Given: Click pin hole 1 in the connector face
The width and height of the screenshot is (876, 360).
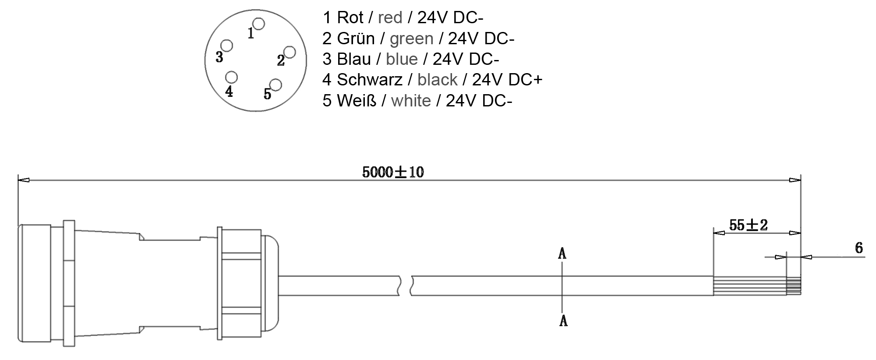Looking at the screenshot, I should (x=259, y=24).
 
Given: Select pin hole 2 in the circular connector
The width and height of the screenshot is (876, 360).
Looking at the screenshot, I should (x=290, y=53).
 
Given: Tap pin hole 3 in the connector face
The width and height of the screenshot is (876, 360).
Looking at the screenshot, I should (x=227, y=46).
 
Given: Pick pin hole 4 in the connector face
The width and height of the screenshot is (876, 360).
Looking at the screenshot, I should (x=231, y=78).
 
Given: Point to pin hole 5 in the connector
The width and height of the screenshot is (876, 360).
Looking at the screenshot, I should (x=276, y=84).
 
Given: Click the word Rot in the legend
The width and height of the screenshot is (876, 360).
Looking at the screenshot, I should (x=350, y=18).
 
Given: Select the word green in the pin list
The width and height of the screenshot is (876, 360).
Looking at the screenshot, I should (x=411, y=39).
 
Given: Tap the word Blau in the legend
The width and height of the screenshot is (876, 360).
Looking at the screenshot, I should (x=354, y=59).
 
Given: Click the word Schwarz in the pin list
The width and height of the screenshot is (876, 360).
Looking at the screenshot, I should (x=369, y=80).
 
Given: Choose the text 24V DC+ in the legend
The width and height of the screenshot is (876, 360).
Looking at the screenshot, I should (x=507, y=80).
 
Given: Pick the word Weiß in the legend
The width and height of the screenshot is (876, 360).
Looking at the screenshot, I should (x=357, y=101).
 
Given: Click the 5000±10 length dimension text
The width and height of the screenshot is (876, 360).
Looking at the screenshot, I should (x=393, y=172).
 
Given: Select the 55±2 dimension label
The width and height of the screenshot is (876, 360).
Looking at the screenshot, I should (x=748, y=225).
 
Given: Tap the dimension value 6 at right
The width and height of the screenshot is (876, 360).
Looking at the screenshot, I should (x=859, y=248).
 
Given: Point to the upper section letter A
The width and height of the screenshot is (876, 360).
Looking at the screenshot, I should (x=562, y=253).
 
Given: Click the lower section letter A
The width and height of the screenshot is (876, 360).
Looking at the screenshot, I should (x=563, y=321).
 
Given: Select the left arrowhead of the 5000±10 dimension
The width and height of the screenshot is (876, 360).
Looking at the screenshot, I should (x=23, y=180).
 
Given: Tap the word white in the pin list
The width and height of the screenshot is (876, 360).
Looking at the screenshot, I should (x=411, y=101).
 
